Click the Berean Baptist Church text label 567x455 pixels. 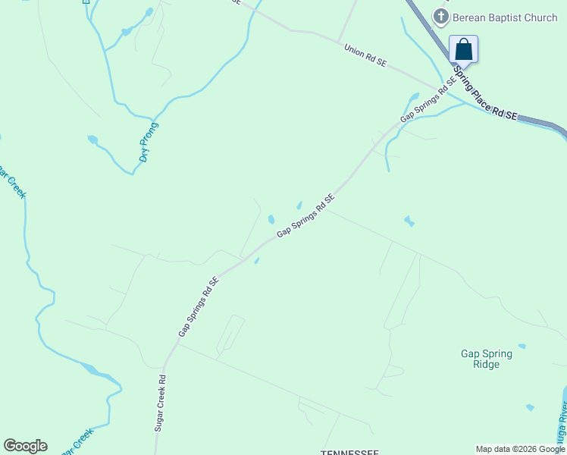504,17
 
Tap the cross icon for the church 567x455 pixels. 440,16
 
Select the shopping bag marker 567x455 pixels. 463,50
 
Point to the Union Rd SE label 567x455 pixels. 365,56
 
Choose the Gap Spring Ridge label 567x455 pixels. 486,359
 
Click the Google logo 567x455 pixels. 25,446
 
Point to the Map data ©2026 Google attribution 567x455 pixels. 521,449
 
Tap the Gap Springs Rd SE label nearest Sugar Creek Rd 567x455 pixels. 199,307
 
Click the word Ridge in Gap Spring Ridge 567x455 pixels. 486,365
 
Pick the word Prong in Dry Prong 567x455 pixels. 151,134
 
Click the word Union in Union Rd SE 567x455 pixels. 354,51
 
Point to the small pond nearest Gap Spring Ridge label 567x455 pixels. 529,407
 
